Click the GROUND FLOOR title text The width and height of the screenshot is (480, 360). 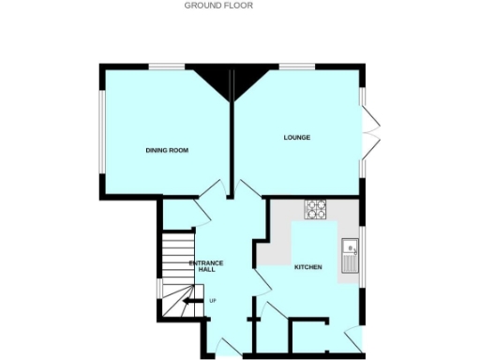coord(218,5)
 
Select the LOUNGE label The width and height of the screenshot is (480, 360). coord(297,138)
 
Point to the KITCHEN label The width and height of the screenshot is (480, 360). coord(308,267)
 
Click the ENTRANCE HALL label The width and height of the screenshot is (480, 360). coord(206,266)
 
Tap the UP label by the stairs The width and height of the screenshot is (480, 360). coord(213,301)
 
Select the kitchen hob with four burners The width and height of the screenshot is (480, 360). coord(314,209)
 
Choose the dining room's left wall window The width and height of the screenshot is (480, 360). coord(103,131)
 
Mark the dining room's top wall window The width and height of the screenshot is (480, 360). coord(170,65)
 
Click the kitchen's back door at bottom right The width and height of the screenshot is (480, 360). coord(352,339)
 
